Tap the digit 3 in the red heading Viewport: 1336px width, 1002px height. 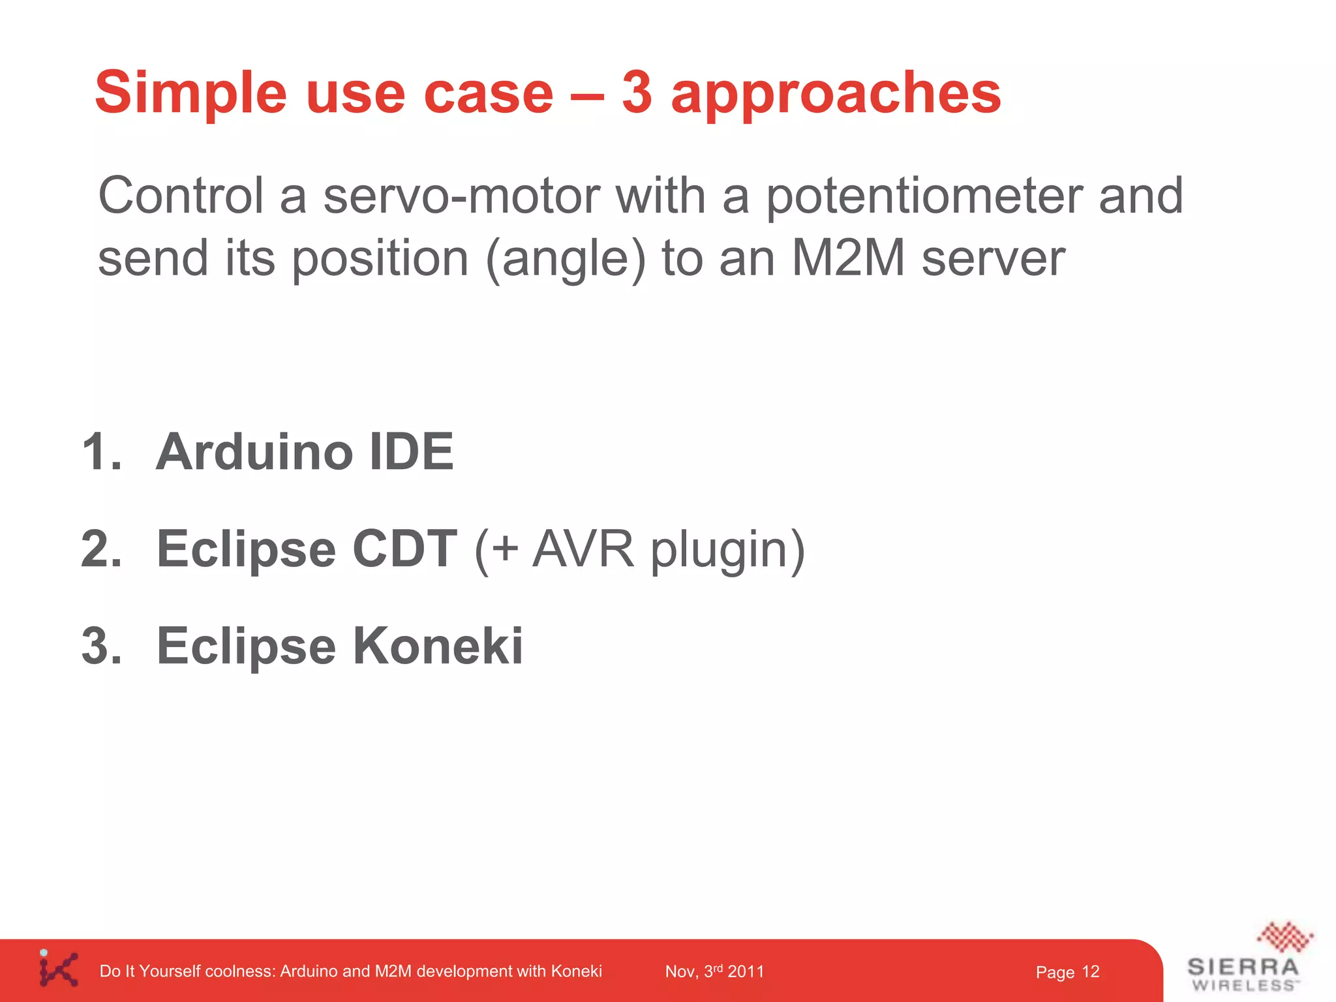pos(637,93)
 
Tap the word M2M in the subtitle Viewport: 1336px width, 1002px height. pos(848,258)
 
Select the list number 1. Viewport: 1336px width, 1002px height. pos(101,451)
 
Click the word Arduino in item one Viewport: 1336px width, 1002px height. pos(254,451)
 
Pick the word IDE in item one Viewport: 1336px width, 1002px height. pos(411,451)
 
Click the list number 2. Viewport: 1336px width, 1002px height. pos(101,549)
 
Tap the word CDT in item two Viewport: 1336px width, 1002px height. pos(404,549)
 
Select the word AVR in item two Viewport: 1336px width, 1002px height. pos(583,549)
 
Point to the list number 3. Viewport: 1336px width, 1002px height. pos(101,646)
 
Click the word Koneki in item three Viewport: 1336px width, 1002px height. pos(438,646)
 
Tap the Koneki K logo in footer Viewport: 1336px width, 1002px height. pos(58,969)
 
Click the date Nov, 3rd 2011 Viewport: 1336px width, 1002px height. pos(714,971)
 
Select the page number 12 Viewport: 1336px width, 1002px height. pos(1090,972)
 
